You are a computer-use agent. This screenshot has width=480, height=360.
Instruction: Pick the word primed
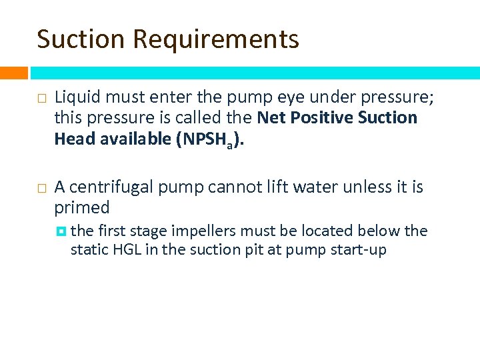81,208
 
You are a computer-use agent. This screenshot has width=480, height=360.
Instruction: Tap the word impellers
203,231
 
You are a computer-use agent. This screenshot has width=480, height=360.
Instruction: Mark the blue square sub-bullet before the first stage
61,231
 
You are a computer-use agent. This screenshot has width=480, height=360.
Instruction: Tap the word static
87,251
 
